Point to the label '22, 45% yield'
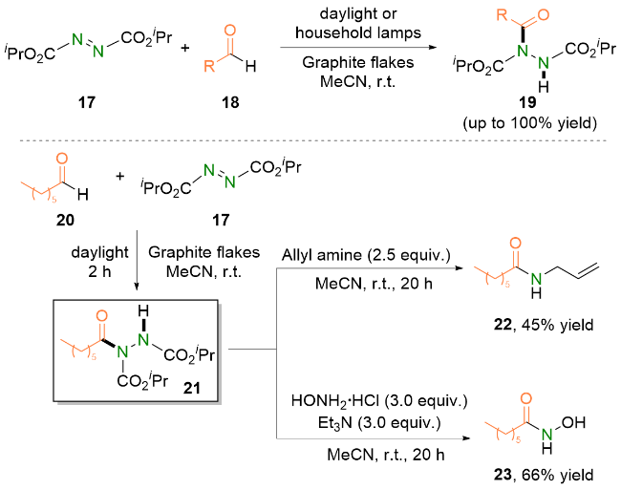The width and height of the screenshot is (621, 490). click(548, 327)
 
